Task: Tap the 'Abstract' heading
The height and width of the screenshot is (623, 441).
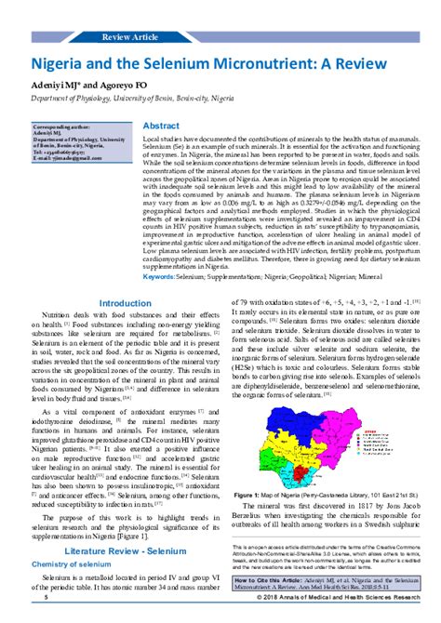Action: pos(161,126)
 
